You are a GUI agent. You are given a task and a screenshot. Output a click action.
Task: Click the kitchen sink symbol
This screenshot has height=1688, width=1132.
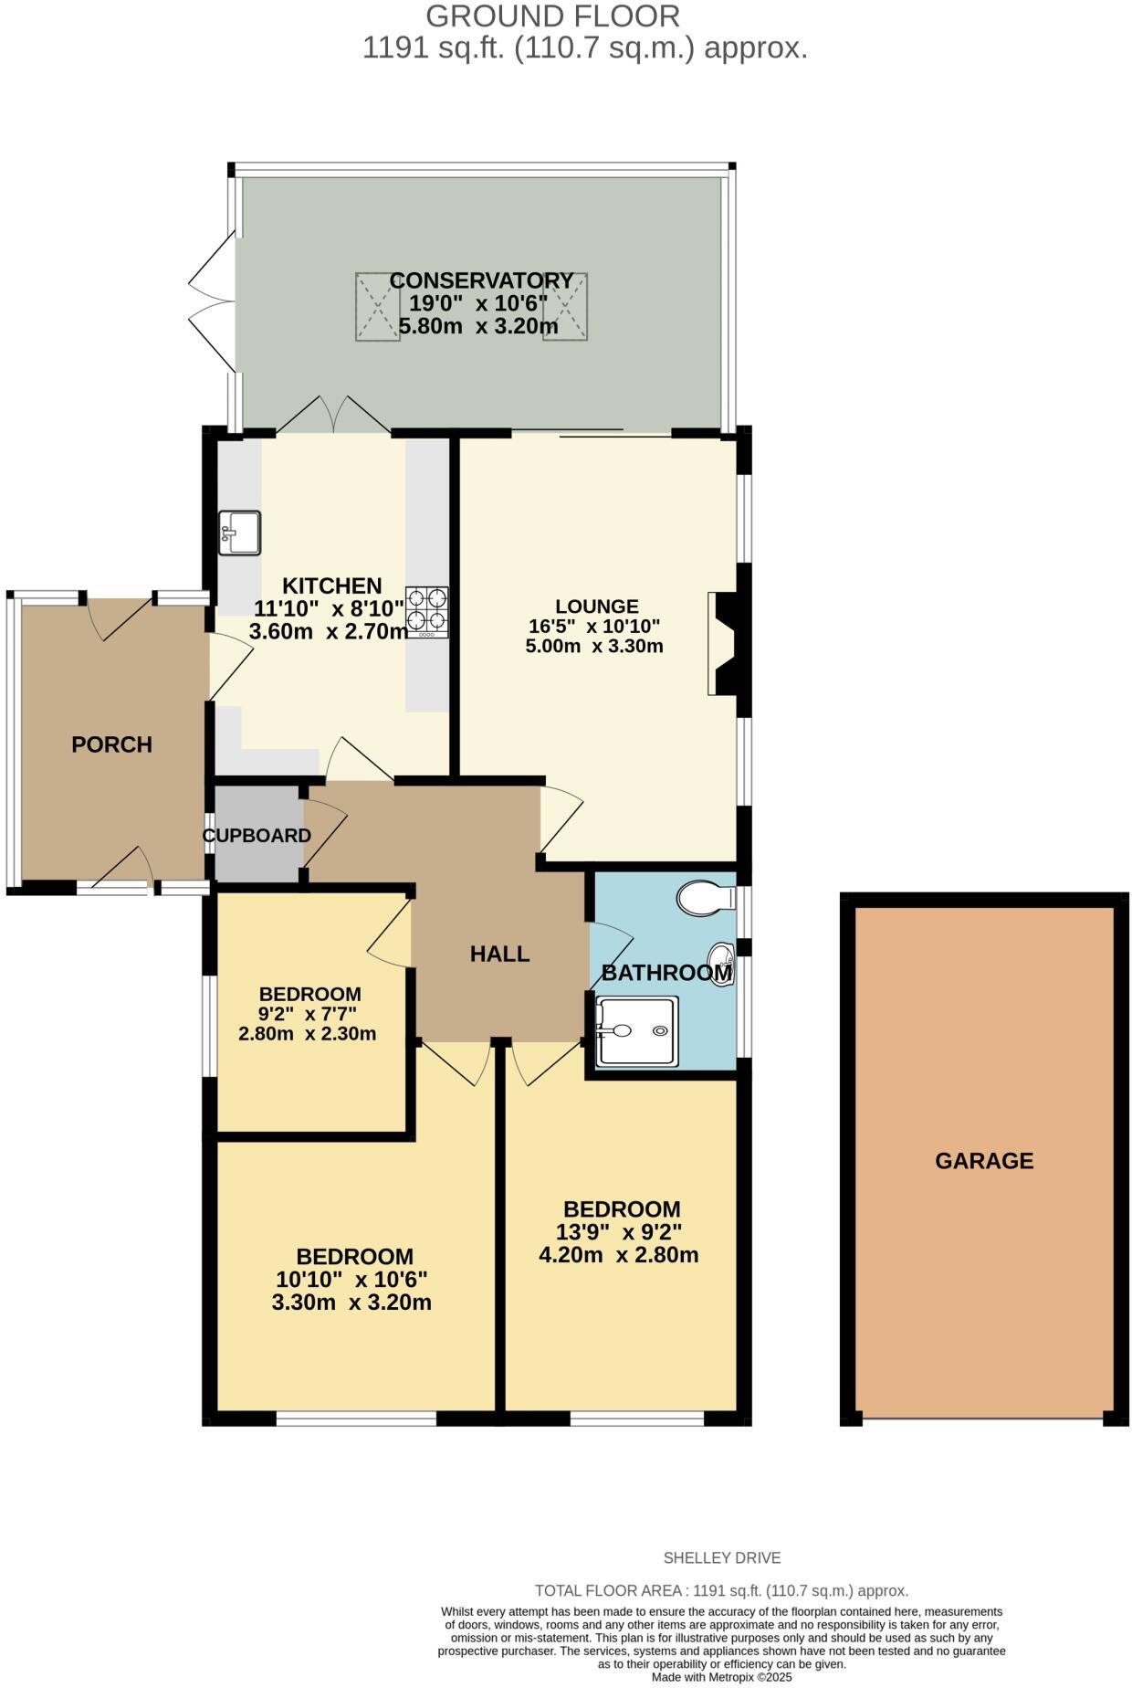tap(240, 533)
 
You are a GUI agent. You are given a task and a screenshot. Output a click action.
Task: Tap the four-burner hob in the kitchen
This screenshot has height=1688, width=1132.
tap(427, 611)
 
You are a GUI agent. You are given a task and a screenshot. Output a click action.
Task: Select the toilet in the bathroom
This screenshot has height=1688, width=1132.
tap(706, 897)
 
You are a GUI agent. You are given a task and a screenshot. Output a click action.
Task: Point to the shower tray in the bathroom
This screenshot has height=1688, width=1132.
tap(637, 1031)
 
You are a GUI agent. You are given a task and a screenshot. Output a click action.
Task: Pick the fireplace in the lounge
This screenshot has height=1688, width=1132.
tap(728, 644)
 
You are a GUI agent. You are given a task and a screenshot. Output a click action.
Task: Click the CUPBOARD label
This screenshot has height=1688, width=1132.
tap(257, 836)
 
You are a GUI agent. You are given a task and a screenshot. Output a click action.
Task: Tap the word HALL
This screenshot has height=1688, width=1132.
tap(499, 954)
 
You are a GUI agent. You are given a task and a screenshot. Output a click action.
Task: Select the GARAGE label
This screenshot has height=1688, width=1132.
tap(984, 1161)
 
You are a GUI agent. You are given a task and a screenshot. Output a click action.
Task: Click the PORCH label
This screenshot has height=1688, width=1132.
tap(111, 744)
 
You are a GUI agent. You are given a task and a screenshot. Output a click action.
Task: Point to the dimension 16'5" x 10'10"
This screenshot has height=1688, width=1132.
tap(594, 627)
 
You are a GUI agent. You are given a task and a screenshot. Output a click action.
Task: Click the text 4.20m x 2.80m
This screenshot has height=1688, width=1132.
tap(619, 1255)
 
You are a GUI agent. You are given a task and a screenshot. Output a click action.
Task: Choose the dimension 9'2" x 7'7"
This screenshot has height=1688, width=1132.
tap(308, 1014)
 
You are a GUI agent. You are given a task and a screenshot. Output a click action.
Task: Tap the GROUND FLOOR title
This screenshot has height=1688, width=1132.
tap(552, 16)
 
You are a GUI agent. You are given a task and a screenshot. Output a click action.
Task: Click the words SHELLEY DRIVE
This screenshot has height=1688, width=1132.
tap(721, 1557)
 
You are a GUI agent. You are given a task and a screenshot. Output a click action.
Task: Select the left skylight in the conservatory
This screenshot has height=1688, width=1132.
tap(377, 307)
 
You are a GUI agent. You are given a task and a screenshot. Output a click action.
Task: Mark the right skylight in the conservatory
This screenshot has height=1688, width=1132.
tap(565, 307)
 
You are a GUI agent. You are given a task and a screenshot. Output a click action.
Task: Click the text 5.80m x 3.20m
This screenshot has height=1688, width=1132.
tap(478, 326)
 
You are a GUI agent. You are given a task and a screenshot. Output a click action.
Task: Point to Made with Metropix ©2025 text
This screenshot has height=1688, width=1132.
tap(721, 1678)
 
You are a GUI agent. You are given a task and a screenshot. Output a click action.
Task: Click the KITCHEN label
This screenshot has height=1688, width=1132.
tap(331, 586)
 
